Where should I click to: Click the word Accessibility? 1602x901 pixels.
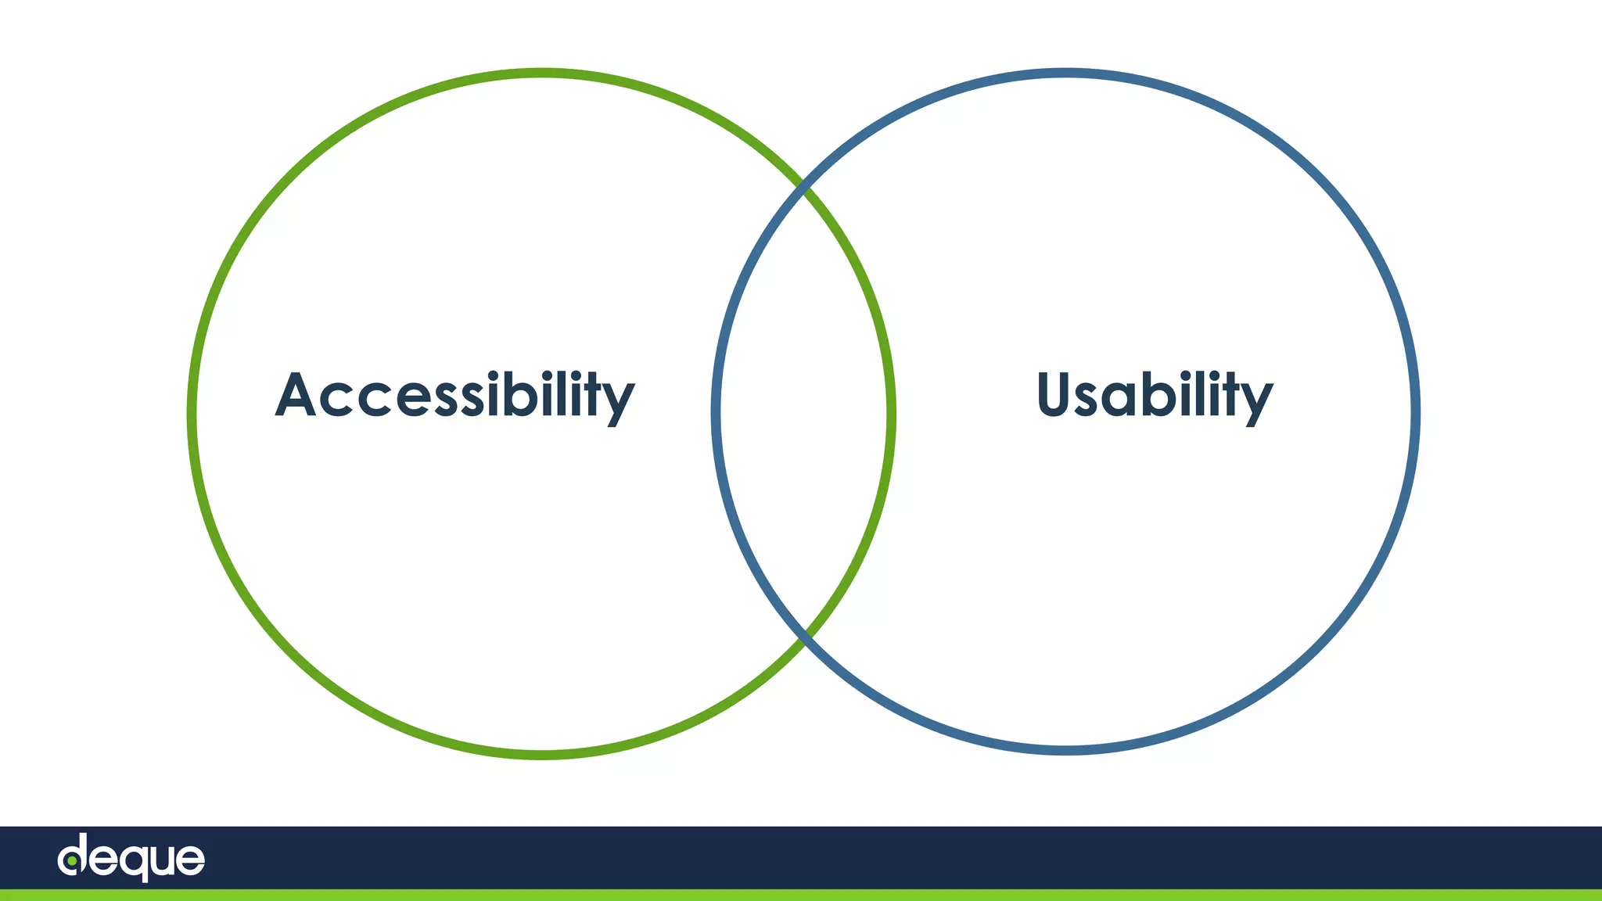tap(454, 395)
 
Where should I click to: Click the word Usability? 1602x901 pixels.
tap(1155, 395)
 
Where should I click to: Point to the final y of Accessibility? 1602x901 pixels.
tap(619, 400)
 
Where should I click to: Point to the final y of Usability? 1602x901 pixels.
tap(1258, 400)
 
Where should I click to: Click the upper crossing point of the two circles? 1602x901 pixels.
tap(803, 188)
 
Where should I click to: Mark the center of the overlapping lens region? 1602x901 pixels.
tap(803, 413)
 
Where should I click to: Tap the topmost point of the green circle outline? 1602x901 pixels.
tap(541, 74)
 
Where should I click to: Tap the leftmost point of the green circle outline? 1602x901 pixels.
tap(192, 413)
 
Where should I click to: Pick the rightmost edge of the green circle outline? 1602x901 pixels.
tap(892, 413)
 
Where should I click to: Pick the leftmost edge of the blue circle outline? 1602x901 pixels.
tap(716, 411)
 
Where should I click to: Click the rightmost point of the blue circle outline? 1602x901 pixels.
tap(1416, 411)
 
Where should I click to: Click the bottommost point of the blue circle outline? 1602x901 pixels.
tap(1065, 750)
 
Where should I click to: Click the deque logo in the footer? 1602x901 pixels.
tap(131, 858)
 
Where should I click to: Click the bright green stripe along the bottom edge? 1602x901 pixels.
tap(801, 895)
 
